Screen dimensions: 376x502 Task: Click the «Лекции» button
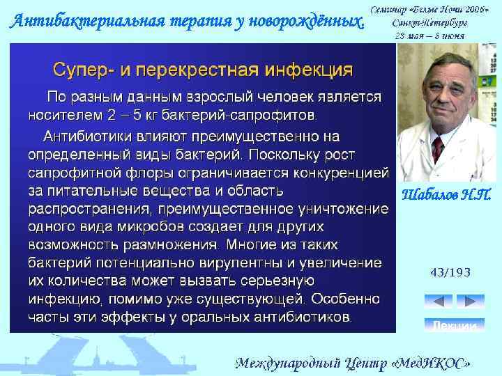point(454,325)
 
